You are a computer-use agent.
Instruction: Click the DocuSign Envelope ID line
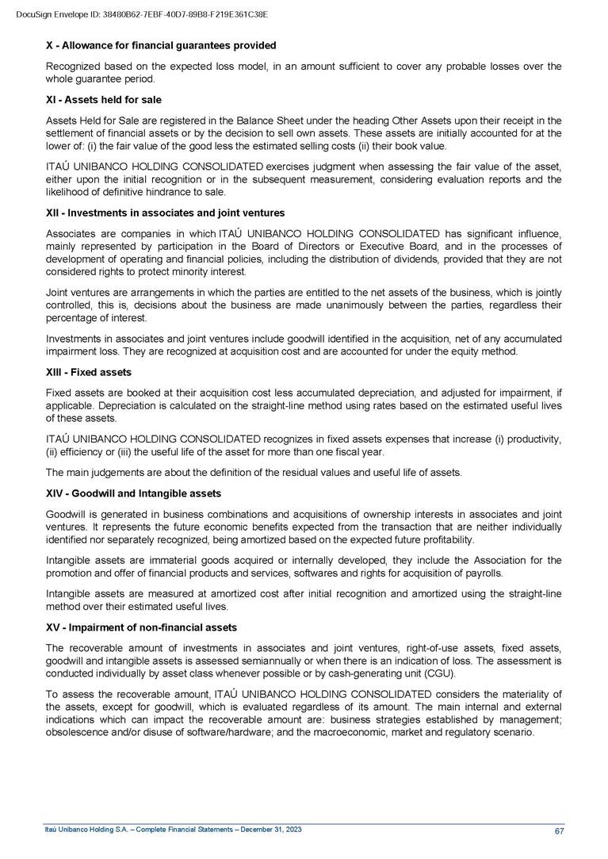(142, 14)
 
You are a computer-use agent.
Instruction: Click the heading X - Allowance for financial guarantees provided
(161, 45)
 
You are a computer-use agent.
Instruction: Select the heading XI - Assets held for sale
(103, 100)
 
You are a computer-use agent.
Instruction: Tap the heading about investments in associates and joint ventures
(165, 213)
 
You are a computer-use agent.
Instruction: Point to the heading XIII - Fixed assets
(89, 372)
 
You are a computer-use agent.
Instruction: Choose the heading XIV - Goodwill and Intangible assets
(133, 493)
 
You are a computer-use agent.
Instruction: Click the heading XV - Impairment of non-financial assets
(141, 627)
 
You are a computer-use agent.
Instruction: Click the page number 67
(559, 830)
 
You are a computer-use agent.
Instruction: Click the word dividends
(431, 259)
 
